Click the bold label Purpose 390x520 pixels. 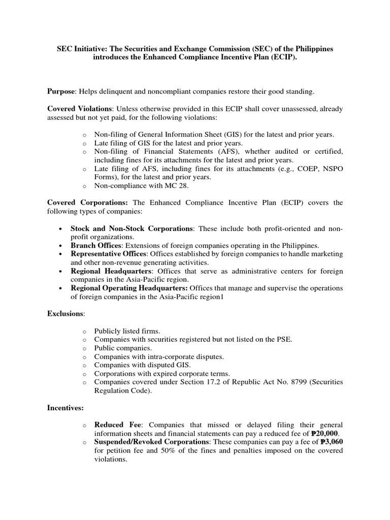coord(61,91)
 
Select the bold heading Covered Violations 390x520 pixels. coord(81,109)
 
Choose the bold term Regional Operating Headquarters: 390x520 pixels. coord(133,288)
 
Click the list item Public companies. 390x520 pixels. coord(123,348)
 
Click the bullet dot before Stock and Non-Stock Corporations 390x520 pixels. coord(61,229)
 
